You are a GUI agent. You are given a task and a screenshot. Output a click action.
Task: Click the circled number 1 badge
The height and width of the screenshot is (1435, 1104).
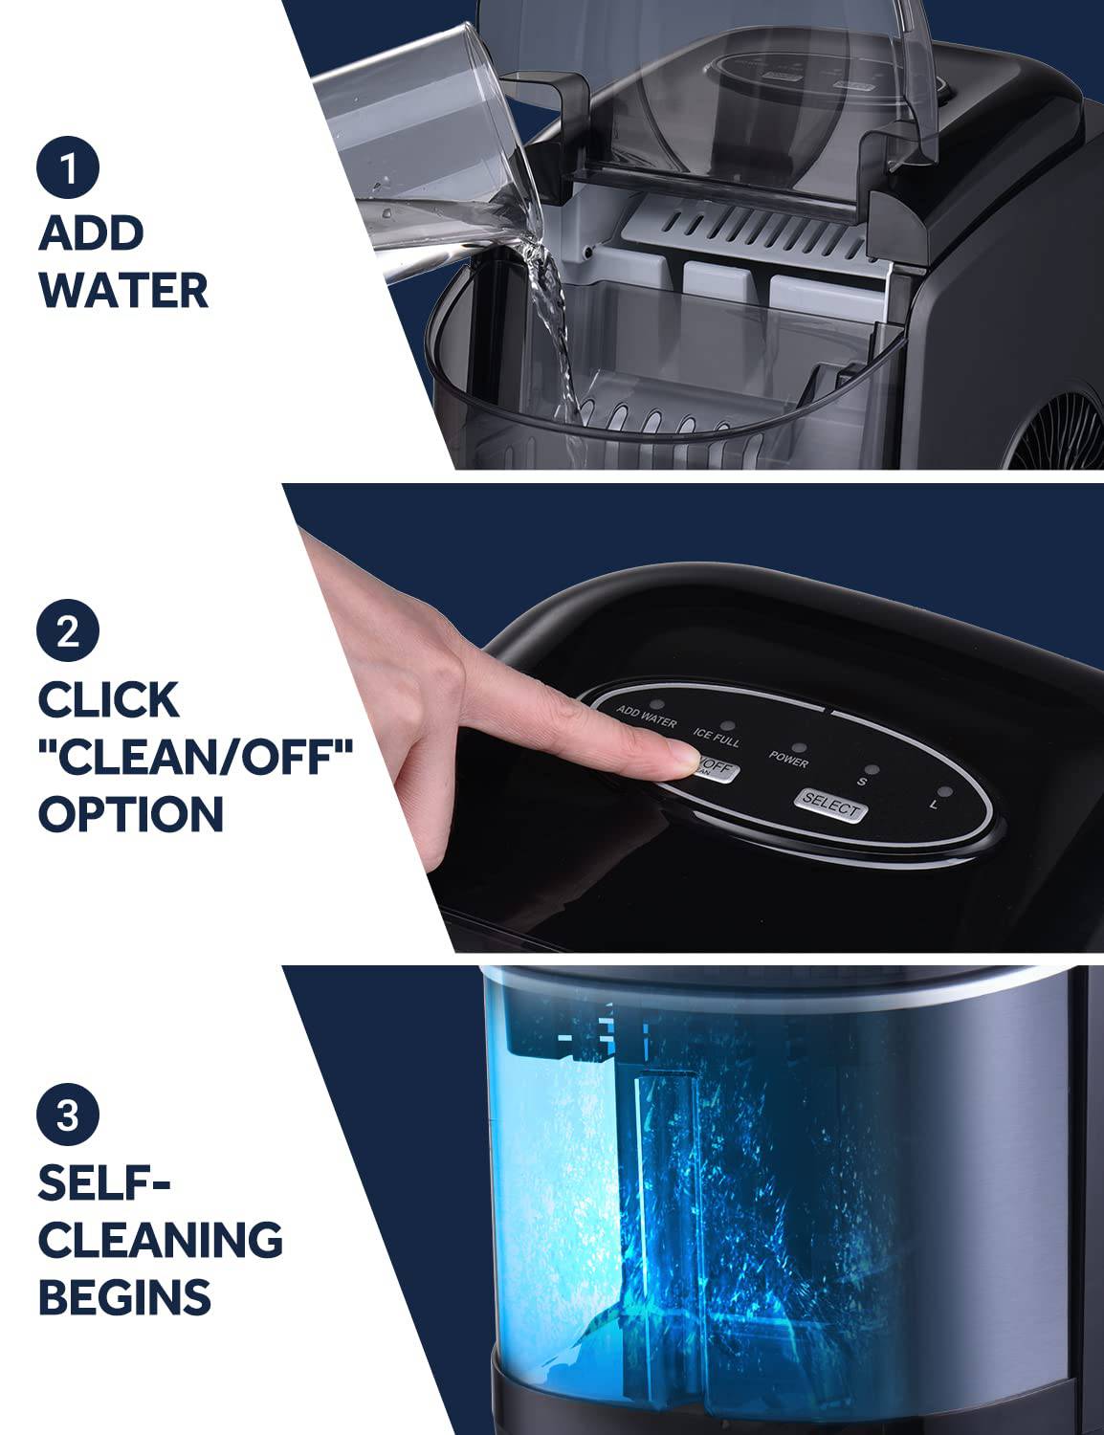68,167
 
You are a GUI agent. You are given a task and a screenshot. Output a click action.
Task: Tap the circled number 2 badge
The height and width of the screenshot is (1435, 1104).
68,632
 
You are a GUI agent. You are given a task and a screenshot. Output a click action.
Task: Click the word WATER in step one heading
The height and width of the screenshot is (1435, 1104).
124,291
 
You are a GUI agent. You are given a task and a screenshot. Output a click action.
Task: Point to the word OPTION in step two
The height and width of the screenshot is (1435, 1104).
131,814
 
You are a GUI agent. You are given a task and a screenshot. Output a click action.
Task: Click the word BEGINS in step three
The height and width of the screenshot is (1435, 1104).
124,1298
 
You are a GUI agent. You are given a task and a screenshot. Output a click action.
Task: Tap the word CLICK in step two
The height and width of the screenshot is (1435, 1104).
108,699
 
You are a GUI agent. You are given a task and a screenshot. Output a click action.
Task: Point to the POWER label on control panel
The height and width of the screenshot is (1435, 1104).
789,762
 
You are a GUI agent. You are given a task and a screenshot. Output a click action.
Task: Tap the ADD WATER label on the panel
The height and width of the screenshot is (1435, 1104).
646,717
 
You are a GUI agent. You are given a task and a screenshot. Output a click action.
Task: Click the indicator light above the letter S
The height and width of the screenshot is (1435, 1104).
871,768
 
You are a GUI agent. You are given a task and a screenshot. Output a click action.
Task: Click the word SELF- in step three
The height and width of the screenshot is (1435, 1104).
104,1183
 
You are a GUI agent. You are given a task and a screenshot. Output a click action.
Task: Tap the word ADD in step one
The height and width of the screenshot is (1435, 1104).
92,232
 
